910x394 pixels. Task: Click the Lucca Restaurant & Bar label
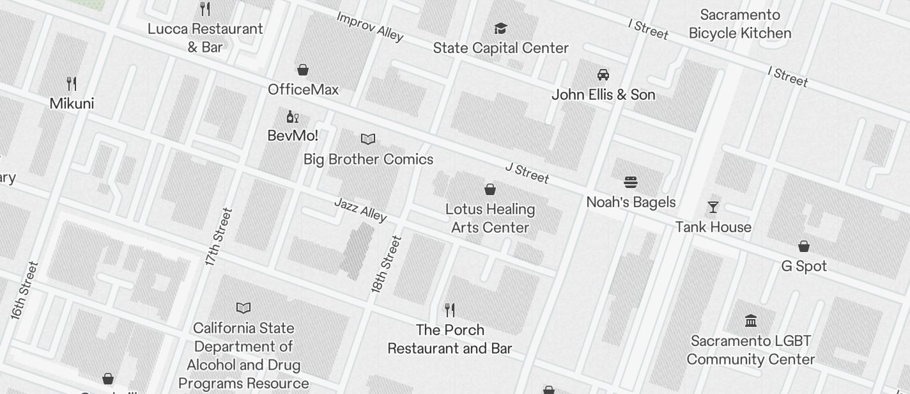click(205, 38)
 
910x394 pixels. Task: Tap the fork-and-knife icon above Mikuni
click(72, 83)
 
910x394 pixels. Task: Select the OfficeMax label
click(303, 90)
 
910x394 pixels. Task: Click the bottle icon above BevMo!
click(292, 116)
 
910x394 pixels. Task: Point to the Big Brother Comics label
click(368, 159)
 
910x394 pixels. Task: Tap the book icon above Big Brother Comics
click(368, 139)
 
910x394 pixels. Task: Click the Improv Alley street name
click(370, 26)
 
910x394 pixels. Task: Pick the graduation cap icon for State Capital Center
click(500, 28)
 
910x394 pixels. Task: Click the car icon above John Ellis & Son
click(603, 75)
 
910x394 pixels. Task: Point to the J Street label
click(527, 172)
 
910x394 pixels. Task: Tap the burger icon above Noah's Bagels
click(631, 183)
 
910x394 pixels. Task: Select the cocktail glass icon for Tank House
click(713, 207)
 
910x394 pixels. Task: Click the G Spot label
click(804, 266)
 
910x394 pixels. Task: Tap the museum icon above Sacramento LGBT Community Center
click(751, 320)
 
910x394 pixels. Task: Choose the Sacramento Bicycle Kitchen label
click(740, 24)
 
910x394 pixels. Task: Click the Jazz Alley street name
click(360, 210)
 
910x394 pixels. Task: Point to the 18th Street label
click(387, 264)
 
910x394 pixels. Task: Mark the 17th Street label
click(219, 237)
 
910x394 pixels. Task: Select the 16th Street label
click(24, 290)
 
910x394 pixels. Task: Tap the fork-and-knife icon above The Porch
click(450, 310)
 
